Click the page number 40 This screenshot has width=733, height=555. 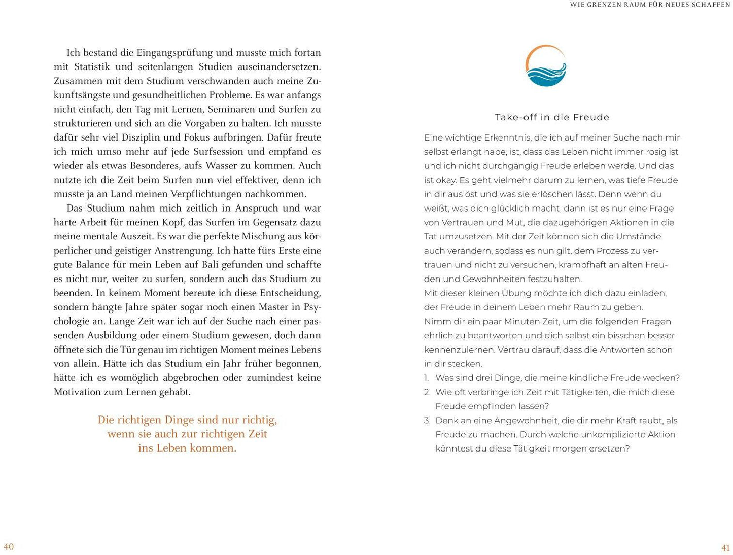[x=9, y=547]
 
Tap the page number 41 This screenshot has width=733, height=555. [x=725, y=548]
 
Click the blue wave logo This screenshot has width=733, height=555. [x=546, y=66]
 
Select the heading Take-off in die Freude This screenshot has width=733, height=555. [x=552, y=117]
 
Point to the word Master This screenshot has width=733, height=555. [x=276, y=307]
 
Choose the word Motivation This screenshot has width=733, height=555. [x=78, y=392]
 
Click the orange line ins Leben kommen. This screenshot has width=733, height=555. [x=187, y=448]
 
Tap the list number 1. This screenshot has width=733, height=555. [x=427, y=378]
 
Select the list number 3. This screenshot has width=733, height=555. [x=427, y=421]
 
